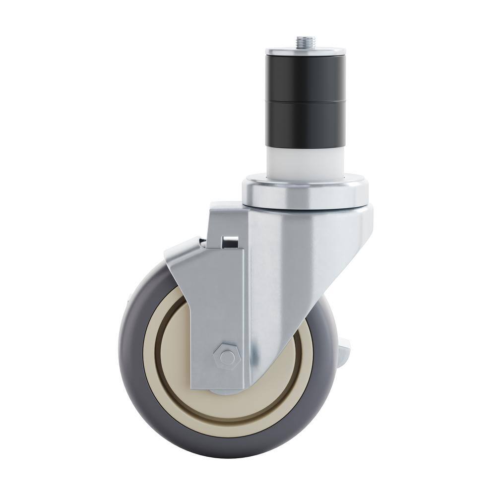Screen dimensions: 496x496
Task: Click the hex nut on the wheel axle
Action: [226, 356]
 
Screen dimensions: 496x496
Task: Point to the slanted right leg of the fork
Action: [308, 298]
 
